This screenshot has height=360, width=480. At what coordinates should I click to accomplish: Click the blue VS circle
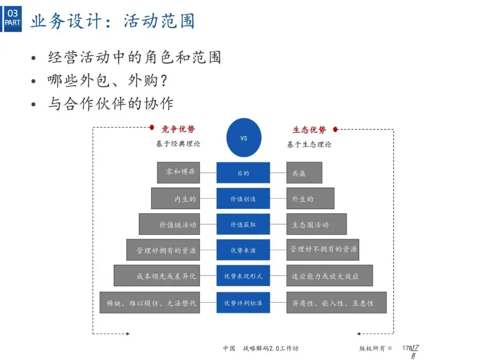(244, 138)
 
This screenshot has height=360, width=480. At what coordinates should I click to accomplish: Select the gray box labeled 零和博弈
(178, 172)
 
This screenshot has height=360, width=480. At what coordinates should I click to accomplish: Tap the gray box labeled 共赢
(304, 173)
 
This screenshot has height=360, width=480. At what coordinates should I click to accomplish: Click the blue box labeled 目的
(243, 173)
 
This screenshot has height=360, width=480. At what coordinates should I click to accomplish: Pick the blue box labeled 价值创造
(243, 199)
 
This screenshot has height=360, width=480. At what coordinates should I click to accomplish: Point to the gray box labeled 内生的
(175, 199)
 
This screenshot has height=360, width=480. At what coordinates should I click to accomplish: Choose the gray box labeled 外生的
(310, 199)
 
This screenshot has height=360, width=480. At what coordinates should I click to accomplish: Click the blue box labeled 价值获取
(243, 224)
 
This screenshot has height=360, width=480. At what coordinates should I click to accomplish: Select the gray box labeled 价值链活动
(169, 224)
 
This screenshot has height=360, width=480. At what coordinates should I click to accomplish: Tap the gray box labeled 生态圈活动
(316, 224)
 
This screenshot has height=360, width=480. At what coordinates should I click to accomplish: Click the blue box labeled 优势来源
(243, 250)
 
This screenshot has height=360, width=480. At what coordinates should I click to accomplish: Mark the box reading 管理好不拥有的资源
(323, 250)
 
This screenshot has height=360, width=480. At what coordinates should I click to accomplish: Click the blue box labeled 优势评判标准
(243, 303)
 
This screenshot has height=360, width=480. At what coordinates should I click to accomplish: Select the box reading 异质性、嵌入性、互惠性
(336, 303)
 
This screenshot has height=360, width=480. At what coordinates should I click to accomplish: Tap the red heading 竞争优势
(178, 129)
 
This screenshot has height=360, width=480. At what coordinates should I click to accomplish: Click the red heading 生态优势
(309, 130)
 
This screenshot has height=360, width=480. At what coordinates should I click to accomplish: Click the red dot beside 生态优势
(336, 130)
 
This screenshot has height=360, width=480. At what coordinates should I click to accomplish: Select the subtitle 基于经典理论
(178, 144)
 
